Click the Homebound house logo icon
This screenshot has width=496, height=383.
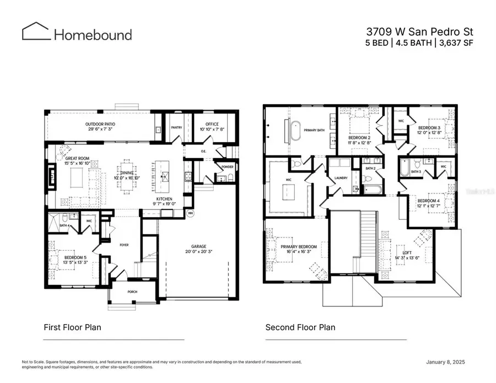pyautogui.click(x=35, y=31)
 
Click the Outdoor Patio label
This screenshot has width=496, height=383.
pyautogui.click(x=100, y=124)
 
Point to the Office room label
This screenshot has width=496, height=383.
pyautogui.click(x=212, y=124)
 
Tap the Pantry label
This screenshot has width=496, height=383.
pyautogui.click(x=176, y=127)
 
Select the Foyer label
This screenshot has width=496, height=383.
pyautogui.click(x=124, y=245)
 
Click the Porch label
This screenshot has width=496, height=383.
pyautogui.click(x=132, y=292)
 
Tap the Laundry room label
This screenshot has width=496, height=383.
pyautogui.click(x=340, y=178)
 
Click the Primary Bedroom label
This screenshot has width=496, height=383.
pyautogui.click(x=299, y=246)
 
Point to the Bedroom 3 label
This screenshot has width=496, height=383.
pyautogui.click(x=429, y=127)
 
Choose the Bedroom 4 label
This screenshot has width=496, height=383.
pyautogui.click(x=428, y=201)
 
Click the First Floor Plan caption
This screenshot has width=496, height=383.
pyautogui.click(x=72, y=327)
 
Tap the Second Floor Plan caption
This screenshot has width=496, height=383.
pyautogui.click(x=300, y=327)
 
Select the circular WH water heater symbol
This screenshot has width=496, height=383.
pyautogui.click(x=190, y=213)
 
